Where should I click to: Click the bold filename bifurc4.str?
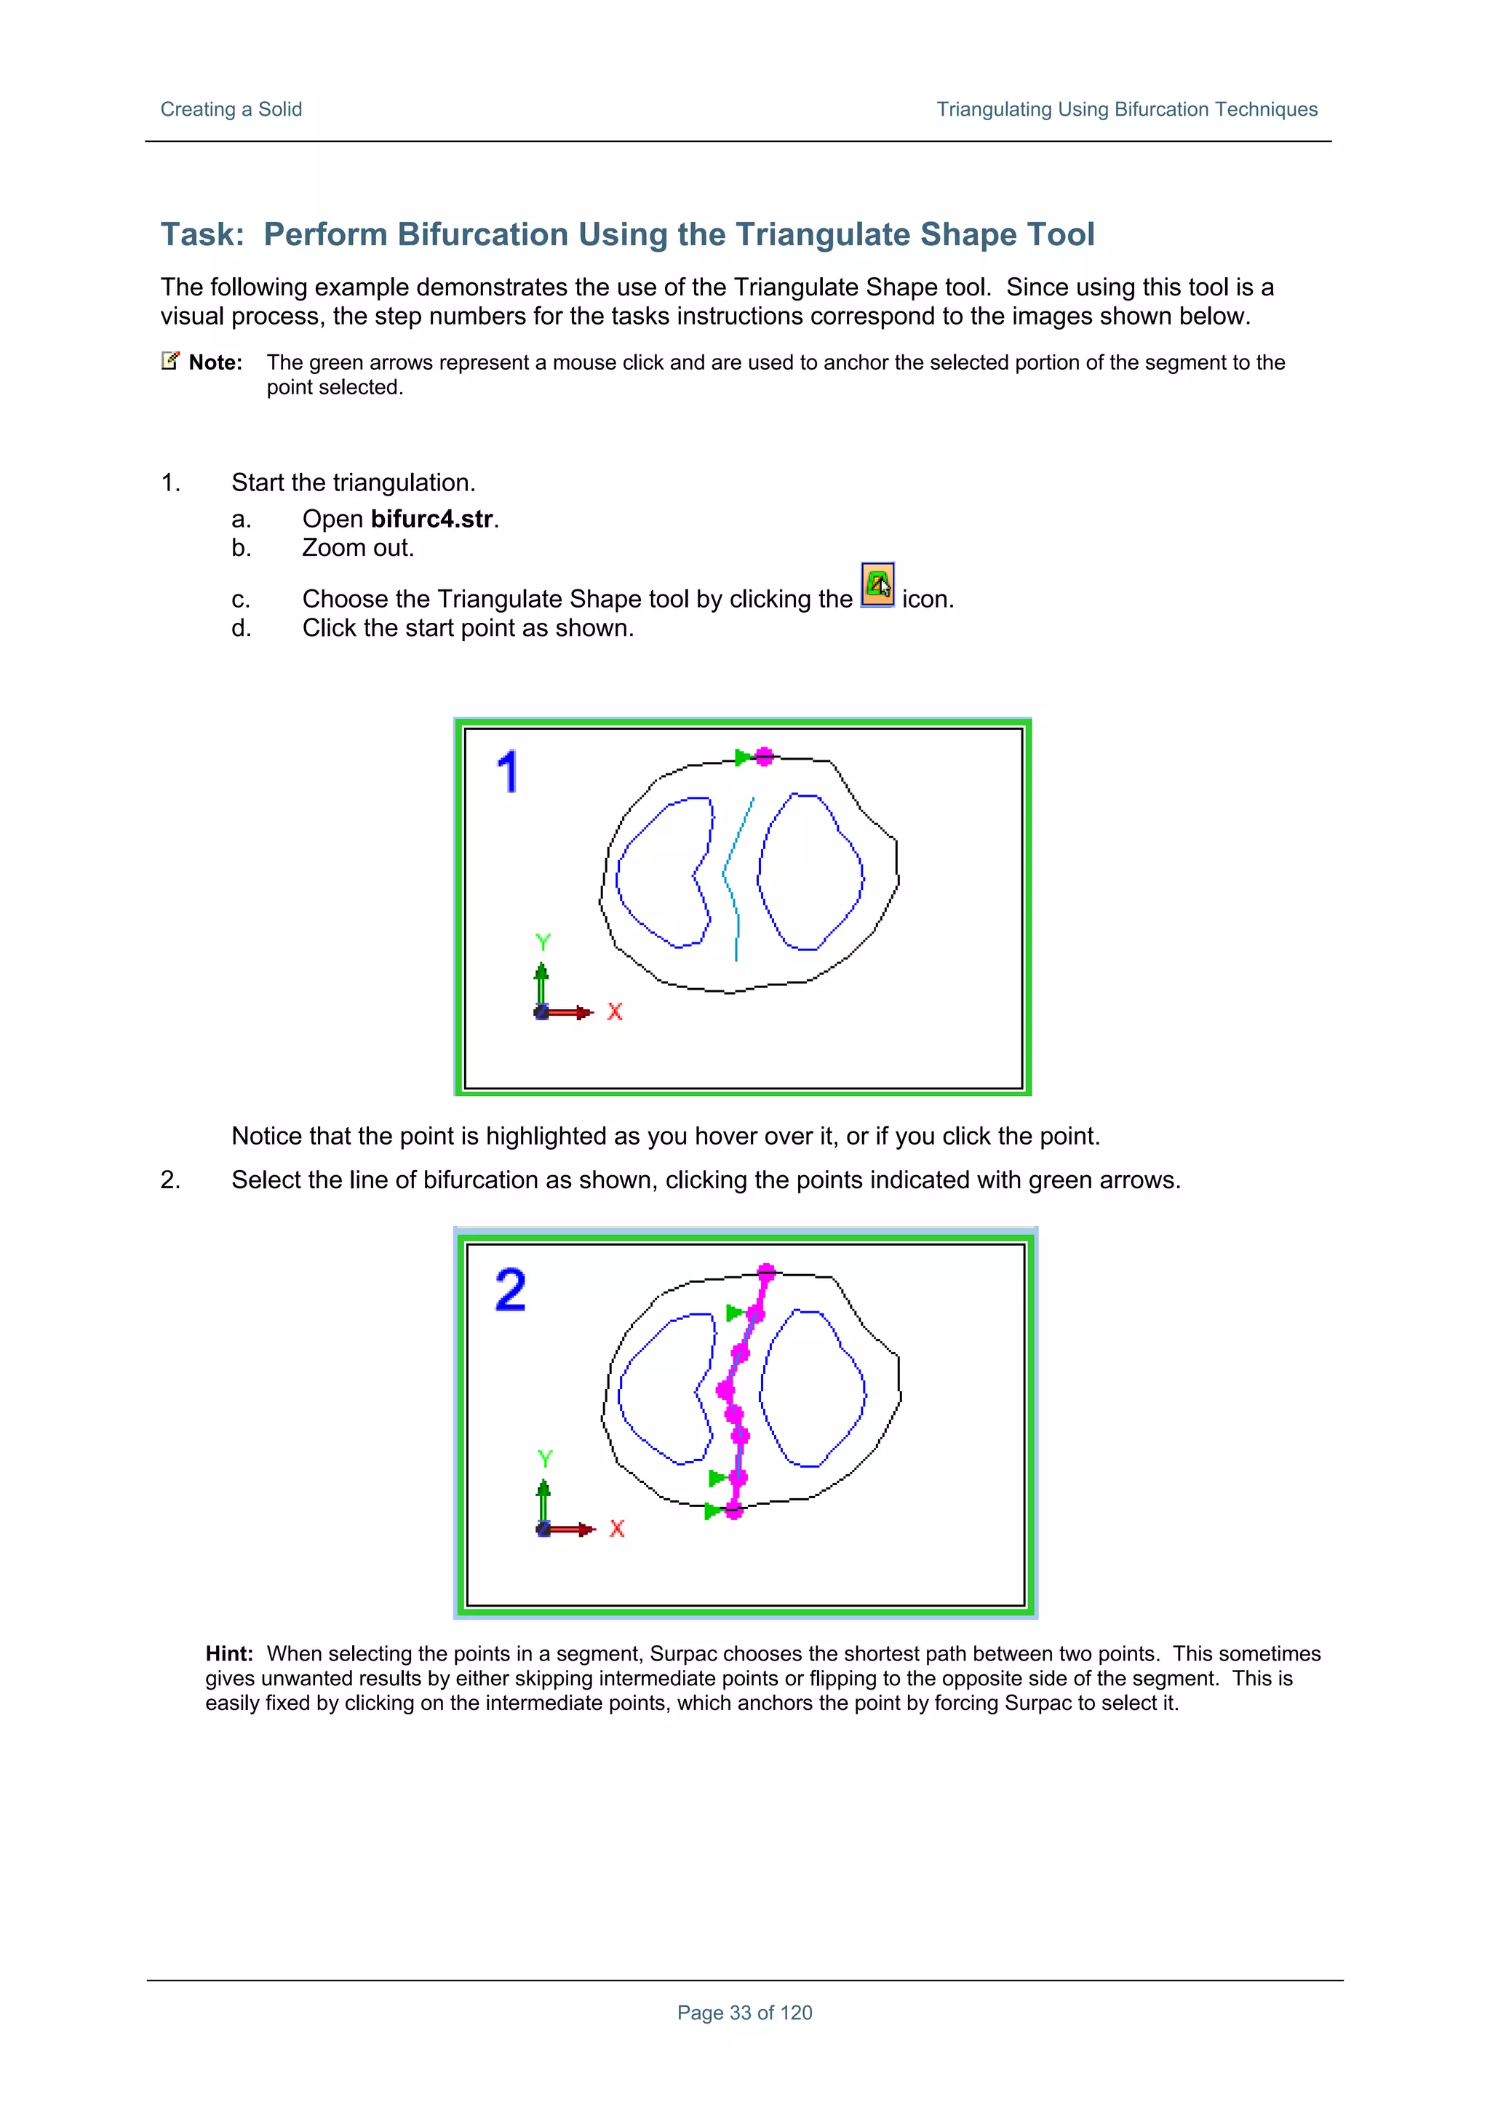click(x=432, y=519)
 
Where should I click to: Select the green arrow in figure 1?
click(x=742, y=757)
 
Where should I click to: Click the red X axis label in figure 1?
click(x=615, y=1011)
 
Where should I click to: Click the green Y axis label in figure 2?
click(x=546, y=1459)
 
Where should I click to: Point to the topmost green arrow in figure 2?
click(x=733, y=1313)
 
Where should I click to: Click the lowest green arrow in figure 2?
click(x=712, y=1511)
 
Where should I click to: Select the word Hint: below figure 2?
click(x=228, y=1653)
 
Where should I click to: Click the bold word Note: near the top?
click(x=215, y=362)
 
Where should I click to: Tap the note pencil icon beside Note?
click(x=170, y=360)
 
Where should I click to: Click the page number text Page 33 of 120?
click(x=744, y=2013)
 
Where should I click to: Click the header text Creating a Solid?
click(x=231, y=109)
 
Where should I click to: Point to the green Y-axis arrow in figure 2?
click(x=543, y=1501)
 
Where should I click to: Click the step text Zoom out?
click(x=358, y=548)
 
